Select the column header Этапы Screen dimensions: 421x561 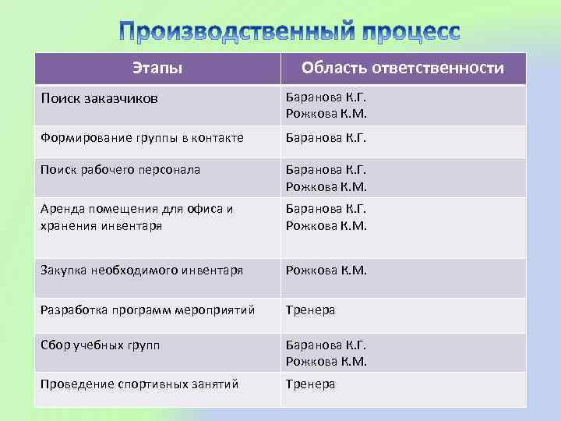pyautogui.click(x=157, y=69)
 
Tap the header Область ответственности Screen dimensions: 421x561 pyautogui.click(x=402, y=69)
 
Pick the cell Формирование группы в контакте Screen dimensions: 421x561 pyautogui.click(x=143, y=138)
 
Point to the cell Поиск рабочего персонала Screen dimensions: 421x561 pyautogui.click(x=121, y=169)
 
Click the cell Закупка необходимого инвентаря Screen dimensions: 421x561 pyautogui.click(x=142, y=271)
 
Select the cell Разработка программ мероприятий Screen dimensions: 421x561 pyautogui.click(x=148, y=310)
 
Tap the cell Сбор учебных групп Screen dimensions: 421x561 pyautogui.click(x=101, y=345)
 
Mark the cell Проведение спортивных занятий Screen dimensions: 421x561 pyautogui.click(x=139, y=384)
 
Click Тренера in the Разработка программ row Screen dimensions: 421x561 pyautogui.click(x=310, y=310)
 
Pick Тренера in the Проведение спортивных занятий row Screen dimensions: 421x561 pyautogui.click(x=310, y=384)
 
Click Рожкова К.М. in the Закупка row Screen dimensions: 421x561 pyautogui.click(x=326, y=271)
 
